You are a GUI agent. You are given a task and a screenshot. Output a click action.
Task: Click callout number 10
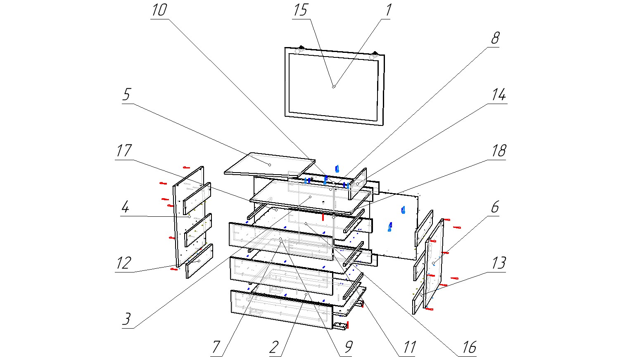coord(159,10)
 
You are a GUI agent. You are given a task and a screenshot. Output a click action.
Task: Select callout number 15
coord(300,10)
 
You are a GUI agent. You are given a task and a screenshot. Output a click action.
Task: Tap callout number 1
coord(388,10)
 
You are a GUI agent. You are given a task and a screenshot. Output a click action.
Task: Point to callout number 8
coord(495,38)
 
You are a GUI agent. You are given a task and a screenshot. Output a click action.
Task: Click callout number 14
coord(499,95)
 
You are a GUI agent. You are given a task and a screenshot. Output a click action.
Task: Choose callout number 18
coord(499,151)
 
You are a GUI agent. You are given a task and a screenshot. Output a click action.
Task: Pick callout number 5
coord(126,95)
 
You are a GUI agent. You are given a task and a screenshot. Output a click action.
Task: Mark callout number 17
coord(123,151)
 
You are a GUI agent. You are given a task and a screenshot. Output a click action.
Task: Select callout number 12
coord(123,263)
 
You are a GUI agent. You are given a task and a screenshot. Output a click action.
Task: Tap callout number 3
coord(126,319)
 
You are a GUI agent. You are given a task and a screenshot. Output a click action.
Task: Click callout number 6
coord(495,207)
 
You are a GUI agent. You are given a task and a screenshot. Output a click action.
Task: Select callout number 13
coord(499,263)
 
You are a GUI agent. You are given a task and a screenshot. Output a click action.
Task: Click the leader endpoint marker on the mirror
coord(334,86)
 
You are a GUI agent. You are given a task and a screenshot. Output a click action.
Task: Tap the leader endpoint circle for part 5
coord(270,164)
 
